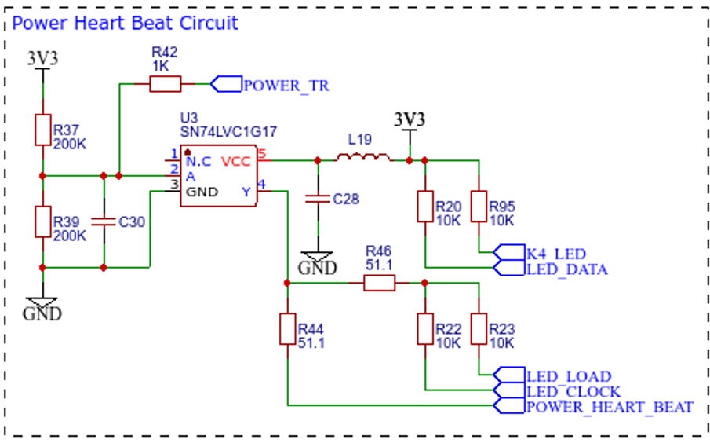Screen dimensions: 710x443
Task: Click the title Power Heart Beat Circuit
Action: click(125, 23)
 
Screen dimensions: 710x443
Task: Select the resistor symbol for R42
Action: click(166, 84)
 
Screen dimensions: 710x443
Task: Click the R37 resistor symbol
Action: click(43, 130)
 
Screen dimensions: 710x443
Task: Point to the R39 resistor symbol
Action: click(43, 222)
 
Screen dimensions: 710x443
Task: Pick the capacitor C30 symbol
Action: click(104, 222)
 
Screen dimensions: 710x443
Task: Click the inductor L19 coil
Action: click(363, 157)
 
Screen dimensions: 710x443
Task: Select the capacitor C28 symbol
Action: click(318, 199)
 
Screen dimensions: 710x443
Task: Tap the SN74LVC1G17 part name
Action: click(228, 132)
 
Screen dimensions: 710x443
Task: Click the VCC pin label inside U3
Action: click(236, 162)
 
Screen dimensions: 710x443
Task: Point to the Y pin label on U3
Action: click(246, 192)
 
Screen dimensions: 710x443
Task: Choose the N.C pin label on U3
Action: click(198, 162)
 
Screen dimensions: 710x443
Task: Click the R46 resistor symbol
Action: click(380, 283)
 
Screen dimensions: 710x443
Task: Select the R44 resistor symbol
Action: click(288, 329)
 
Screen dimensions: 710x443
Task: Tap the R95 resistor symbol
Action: click(479, 207)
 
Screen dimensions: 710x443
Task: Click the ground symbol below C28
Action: click(318, 257)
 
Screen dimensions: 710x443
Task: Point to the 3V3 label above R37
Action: click(43, 58)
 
